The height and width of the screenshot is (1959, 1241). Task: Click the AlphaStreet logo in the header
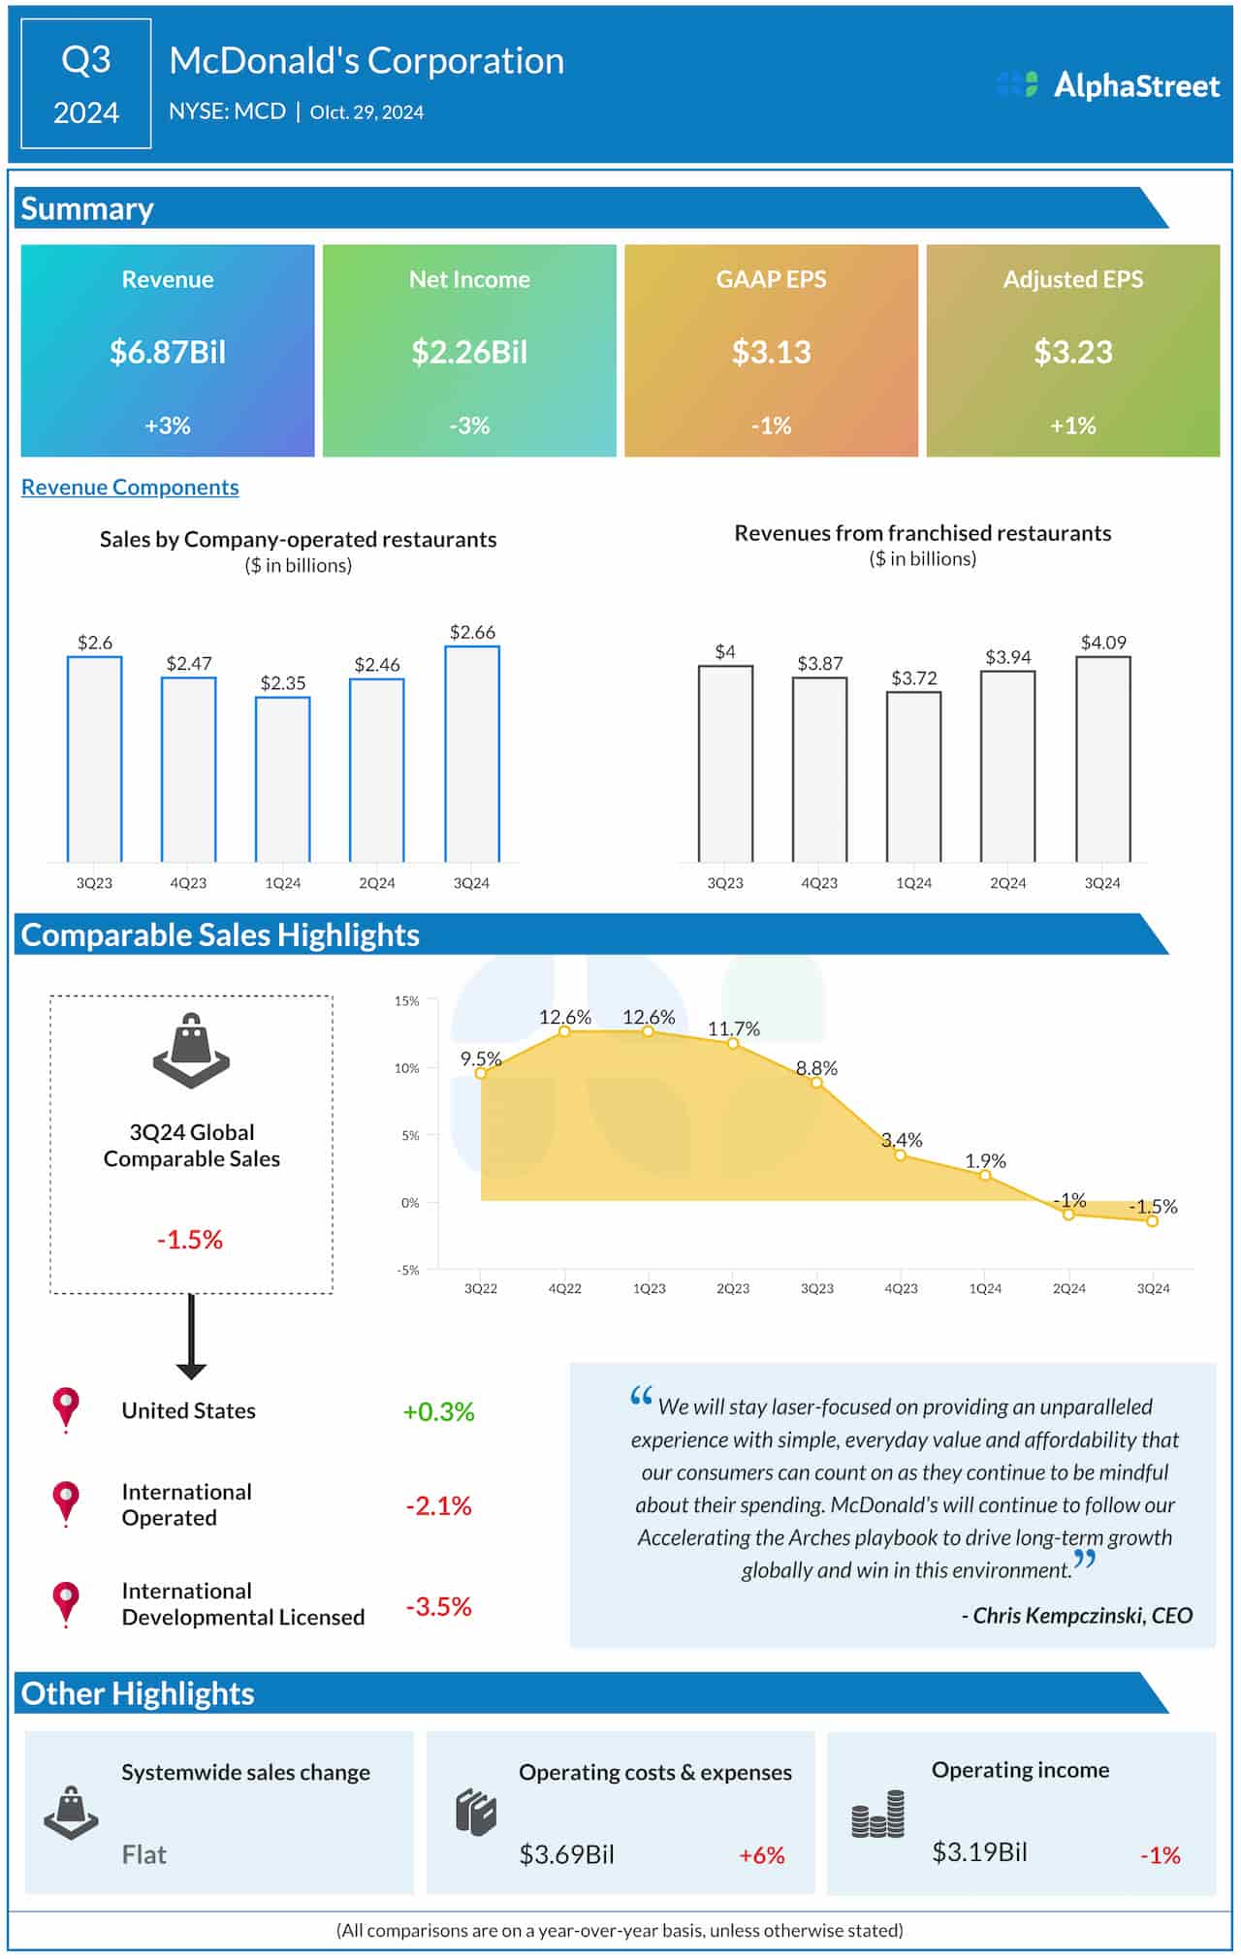[x=1108, y=85]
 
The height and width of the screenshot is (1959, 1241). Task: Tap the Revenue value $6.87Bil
[x=168, y=352]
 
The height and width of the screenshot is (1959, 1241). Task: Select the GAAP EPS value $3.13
[x=771, y=352]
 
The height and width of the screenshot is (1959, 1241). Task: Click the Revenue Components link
[x=130, y=488]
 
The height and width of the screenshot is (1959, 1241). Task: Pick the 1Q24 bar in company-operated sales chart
[x=283, y=779]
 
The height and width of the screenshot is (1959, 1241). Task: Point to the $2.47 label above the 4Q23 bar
[x=189, y=664]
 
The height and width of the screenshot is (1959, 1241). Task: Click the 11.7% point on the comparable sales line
[x=733, y=1044]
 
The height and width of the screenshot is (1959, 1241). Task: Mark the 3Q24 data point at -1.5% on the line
[x=1153, y=1221]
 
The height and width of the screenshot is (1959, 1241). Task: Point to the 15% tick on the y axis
[x=407, y=1001]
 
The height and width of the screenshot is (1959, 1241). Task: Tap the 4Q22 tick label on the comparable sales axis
[x=565, y=1289]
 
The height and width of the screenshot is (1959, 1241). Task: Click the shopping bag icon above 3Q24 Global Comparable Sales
[x=191, y=1051]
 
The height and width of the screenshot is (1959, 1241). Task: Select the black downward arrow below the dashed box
[x=191, y=1339]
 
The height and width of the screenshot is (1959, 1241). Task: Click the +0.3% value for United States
[x=438, y=1412]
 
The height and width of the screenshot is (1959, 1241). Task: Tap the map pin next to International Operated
[x=66, y=1503]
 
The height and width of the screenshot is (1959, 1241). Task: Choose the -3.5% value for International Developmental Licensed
[x=438, y=1607]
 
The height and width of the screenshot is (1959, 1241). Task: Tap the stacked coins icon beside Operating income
[x=878, y=1815]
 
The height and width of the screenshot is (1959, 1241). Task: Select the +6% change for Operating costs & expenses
[x=761, y=1855]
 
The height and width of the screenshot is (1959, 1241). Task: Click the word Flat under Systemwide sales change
[x=144, y=1855]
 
